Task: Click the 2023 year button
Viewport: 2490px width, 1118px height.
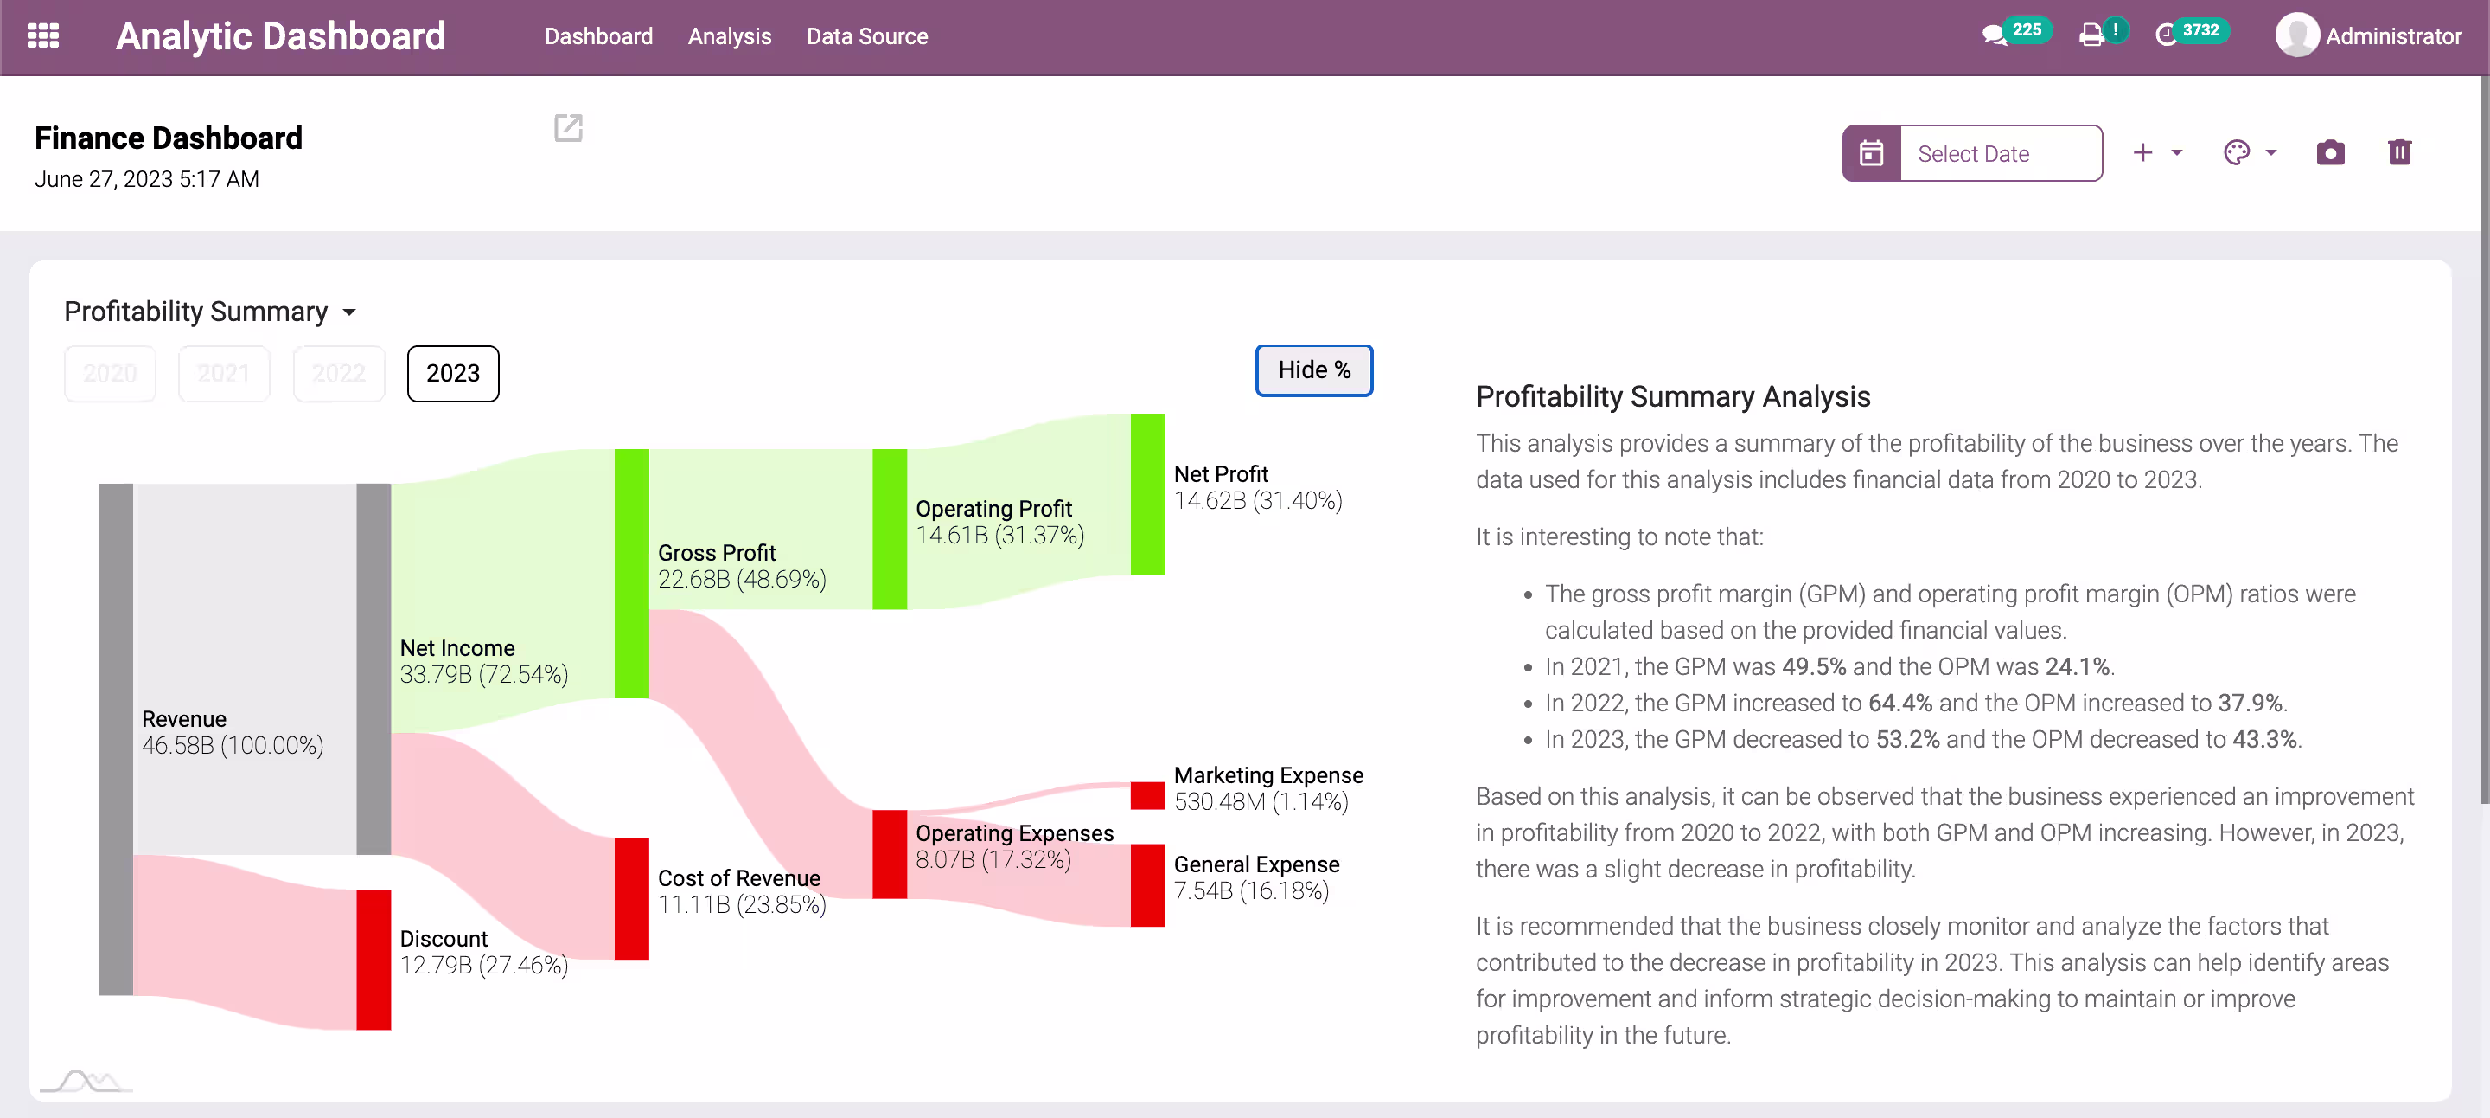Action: point(452,373)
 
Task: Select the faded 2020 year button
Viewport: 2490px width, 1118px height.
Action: point(110,373)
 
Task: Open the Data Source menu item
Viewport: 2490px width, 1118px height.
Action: point(867,36)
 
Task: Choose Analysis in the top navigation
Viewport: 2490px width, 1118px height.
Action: point(730,36)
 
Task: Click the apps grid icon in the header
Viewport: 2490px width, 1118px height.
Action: point(43,35)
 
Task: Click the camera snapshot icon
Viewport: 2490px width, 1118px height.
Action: point(2331,153)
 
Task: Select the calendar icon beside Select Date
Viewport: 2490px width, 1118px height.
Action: point(1871,153)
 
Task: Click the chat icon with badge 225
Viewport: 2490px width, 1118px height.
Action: point(1994,35)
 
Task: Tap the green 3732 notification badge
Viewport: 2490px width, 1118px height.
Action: point(2200,30)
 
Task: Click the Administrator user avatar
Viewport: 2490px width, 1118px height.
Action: point(2296,35)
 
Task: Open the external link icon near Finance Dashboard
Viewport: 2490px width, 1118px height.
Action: point(568,128)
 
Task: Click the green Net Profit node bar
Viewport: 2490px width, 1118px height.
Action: point(1147,495)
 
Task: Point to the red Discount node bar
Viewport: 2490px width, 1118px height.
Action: point(373,960)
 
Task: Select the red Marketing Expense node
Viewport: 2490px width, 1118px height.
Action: point(1147,796)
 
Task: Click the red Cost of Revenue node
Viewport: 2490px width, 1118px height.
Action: point(631,898)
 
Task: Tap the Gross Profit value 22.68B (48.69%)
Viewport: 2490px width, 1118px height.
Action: point(742,579)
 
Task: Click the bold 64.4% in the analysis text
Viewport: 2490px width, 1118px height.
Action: point(1899,704)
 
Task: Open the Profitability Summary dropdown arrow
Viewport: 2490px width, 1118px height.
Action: point(350,312)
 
